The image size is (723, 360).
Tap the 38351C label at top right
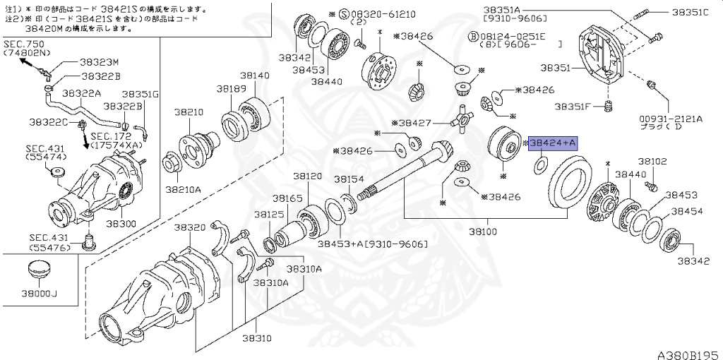[689, 12]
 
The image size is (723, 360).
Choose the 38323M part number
[100, 62]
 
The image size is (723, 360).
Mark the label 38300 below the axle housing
[121, 224]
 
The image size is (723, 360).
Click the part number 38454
[687, 210]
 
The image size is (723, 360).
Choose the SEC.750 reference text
[21, 43]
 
